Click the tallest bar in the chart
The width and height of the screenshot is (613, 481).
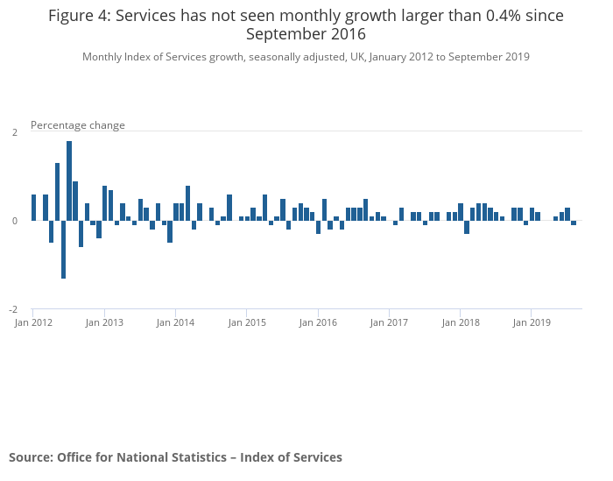pyautogui.click(x=69, y=180)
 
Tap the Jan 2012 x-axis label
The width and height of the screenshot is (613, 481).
pyautogui.click(x=33, y=322)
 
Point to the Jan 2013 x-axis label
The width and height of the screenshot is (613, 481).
pyautogui.click(x=104, y=322)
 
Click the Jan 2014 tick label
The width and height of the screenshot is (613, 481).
pyautogui.click(x=176, y=322)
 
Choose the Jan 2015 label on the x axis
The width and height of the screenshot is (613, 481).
pyautogui.click(x=247, y=322)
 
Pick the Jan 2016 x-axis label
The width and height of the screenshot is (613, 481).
pyautogui.click(x=318, y=322)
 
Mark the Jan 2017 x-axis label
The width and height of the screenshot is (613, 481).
pyautogui.click(x=389, y=322)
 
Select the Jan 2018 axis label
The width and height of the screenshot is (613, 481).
pyautogui.click(x=461, y=322)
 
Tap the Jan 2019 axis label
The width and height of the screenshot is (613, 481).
pyautogui.click(x=532, y=322)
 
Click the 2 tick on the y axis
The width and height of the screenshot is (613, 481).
pyautogui.click(x=14, y=132)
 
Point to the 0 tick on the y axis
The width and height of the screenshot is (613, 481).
pyautogui.click(x=14, y=221)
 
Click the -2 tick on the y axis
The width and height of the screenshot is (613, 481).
pyautogui.click(x=13, y=310)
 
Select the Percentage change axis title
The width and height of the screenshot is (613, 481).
pyautogui.click(x=78, y=125)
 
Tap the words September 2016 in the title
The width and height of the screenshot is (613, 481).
pyautogui.click(x=306, y=34)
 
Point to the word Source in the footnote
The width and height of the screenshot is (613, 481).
pyautogui.click(x=30, y=457)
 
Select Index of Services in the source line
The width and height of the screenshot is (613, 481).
pyautogui.click(x=292, y=457)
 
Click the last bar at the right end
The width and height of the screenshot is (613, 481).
pyautogui.click(x=574, y=223)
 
